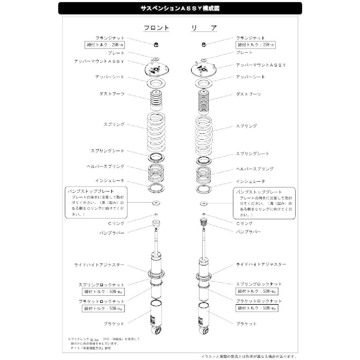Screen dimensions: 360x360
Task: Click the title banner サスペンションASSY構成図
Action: point(180,8)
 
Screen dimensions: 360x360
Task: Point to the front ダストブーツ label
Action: point(112,94)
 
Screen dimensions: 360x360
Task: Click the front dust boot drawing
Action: point(156,100)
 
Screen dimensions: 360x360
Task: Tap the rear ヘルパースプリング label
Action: point(254,169)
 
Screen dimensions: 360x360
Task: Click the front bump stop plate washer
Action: point(156,204)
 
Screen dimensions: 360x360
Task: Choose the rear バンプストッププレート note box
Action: point(264,204)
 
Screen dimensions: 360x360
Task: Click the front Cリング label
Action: point(116,223)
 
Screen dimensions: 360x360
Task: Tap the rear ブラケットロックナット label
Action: point(258,301)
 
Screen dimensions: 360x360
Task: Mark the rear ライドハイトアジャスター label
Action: point(261,265)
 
